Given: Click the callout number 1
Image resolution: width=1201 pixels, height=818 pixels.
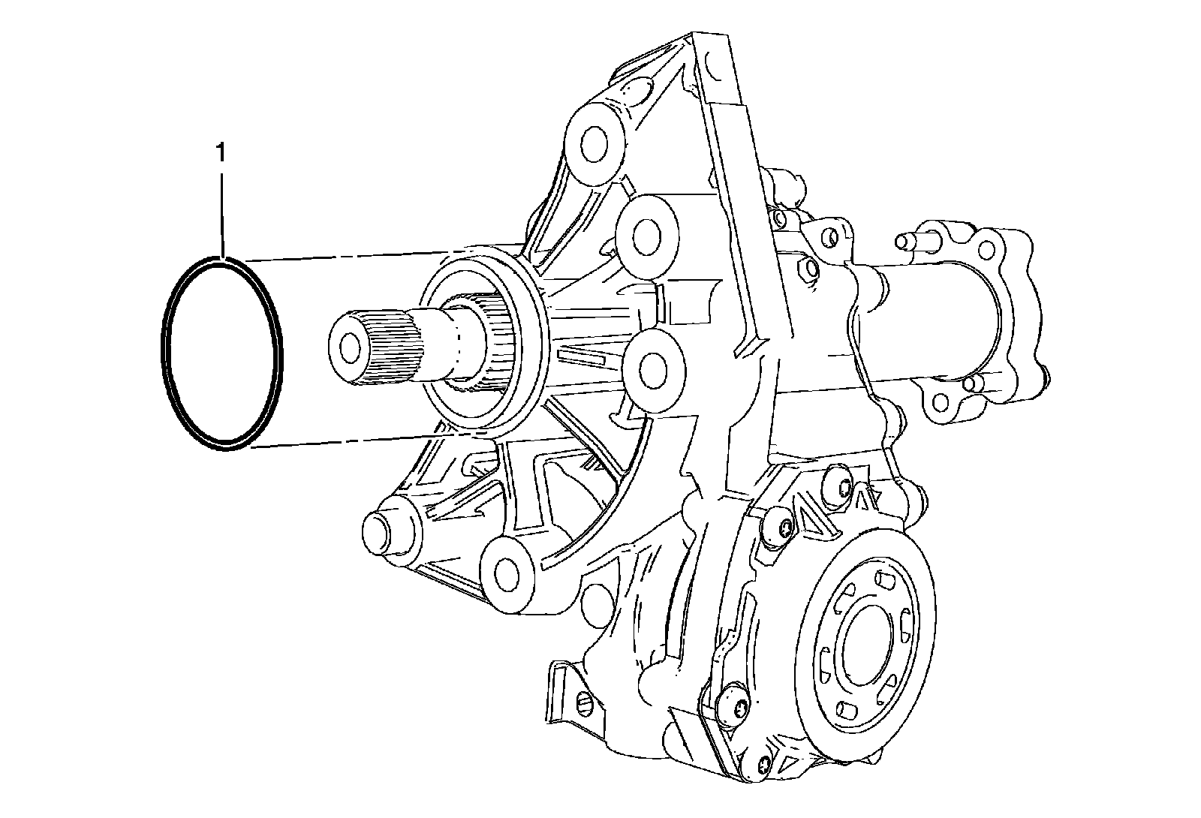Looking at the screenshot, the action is pyautogui.click(x=221, y=152).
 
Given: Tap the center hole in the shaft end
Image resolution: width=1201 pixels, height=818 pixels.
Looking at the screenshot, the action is pyautogui.click(x=351, y=349).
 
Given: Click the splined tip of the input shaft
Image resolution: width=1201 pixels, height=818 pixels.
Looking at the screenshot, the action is pyautogui.click(x=375, y=346).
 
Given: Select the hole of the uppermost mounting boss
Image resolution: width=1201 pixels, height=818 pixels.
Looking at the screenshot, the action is pyautogui.click(x=594, y=143).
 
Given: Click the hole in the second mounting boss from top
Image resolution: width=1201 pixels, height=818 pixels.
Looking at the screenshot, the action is pyautogui.click(x=646, y=236).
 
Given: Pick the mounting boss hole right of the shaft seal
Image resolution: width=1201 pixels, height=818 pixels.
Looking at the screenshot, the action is pyautogui.click(x=653, y=371).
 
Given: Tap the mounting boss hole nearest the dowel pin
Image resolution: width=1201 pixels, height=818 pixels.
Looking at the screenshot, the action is pyautogui.click(x=506, y=575).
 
